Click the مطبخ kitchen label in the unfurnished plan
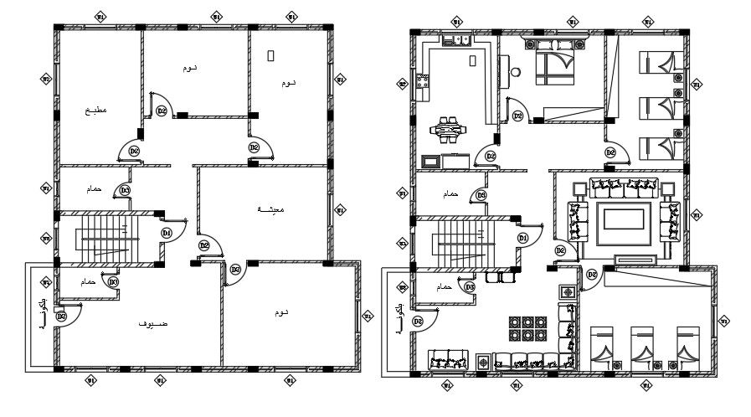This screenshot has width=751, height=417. (95, 110)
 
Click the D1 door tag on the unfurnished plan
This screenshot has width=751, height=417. (167, 232)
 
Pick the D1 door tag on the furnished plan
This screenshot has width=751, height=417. (523, 239)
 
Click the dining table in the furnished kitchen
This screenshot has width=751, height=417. (451, 129)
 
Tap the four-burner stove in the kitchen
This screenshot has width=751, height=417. (424, 83)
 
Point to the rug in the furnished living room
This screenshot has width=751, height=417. (623, 220)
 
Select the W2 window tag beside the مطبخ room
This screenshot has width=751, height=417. (46, 80)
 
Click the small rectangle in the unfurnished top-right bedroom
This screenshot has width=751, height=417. (270, 55)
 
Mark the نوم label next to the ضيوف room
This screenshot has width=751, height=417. (280, 312)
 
